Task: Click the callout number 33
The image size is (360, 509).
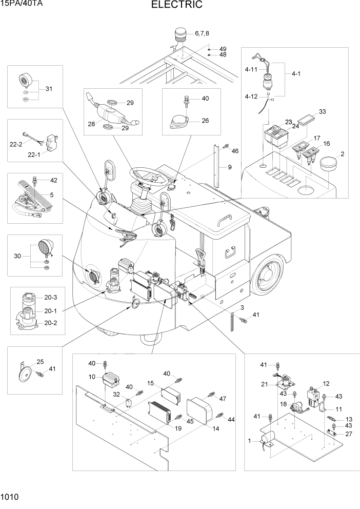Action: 322,111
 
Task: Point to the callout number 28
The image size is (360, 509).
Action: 91,124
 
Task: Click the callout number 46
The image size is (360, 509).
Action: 235,151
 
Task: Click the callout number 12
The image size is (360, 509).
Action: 326,384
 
